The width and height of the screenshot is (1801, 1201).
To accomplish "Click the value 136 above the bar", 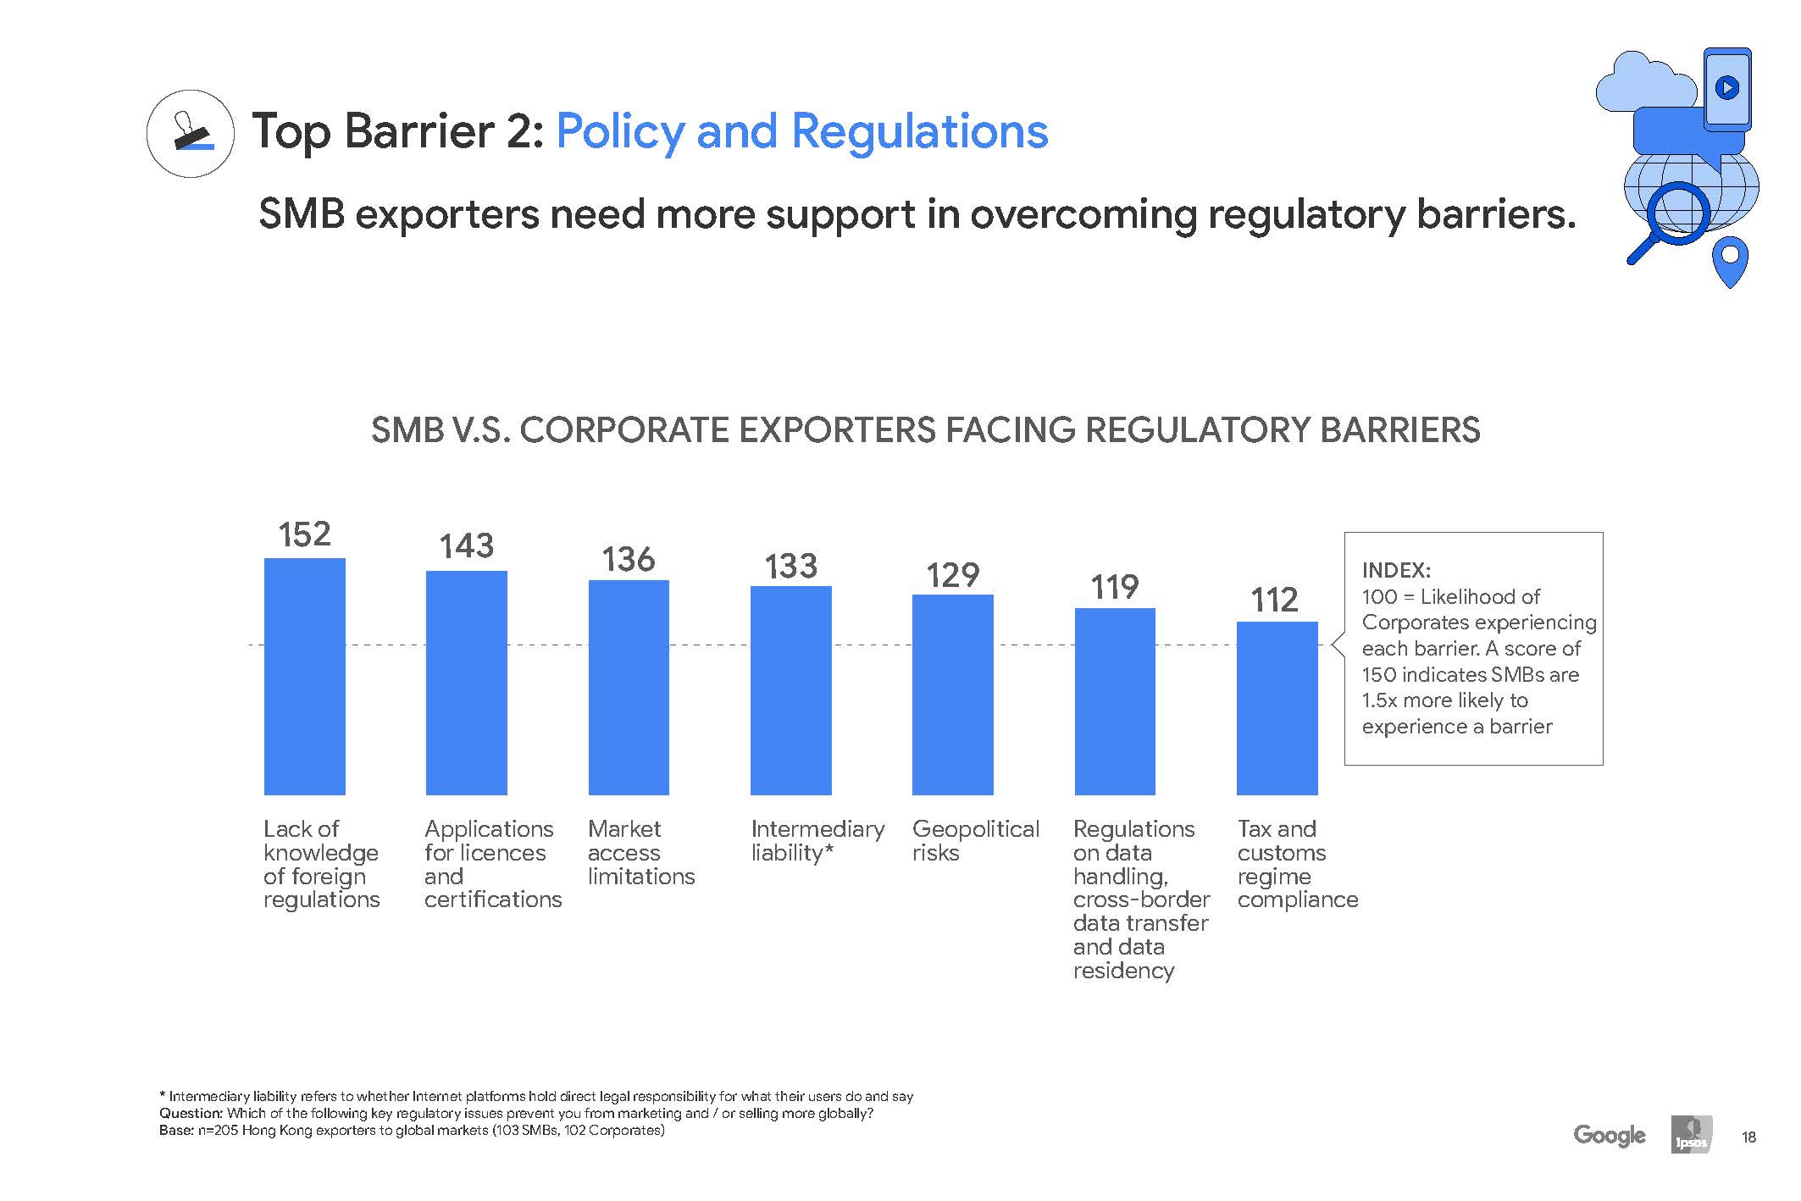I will click(628, 560).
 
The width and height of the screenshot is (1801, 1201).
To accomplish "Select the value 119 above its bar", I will click(1114, 587).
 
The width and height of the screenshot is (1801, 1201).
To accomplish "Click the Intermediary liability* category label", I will click(817, 840).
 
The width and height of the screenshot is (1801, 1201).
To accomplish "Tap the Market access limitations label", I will click(640, 852).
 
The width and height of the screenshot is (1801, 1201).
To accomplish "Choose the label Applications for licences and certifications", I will click(492, 864).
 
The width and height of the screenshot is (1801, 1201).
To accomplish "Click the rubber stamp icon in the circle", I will click(191, 133).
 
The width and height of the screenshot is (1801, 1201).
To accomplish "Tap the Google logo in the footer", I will click(1609, 1135).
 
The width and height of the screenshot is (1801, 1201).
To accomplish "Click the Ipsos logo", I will click(1691, 1135).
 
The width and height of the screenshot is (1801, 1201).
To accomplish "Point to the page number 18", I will click(1748, 1137).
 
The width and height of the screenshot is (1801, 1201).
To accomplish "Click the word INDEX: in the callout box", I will click(1395, 571).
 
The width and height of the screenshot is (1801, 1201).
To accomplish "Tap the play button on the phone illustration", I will click(1726, 87).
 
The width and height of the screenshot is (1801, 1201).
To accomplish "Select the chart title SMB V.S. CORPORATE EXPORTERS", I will click(925, 430).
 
